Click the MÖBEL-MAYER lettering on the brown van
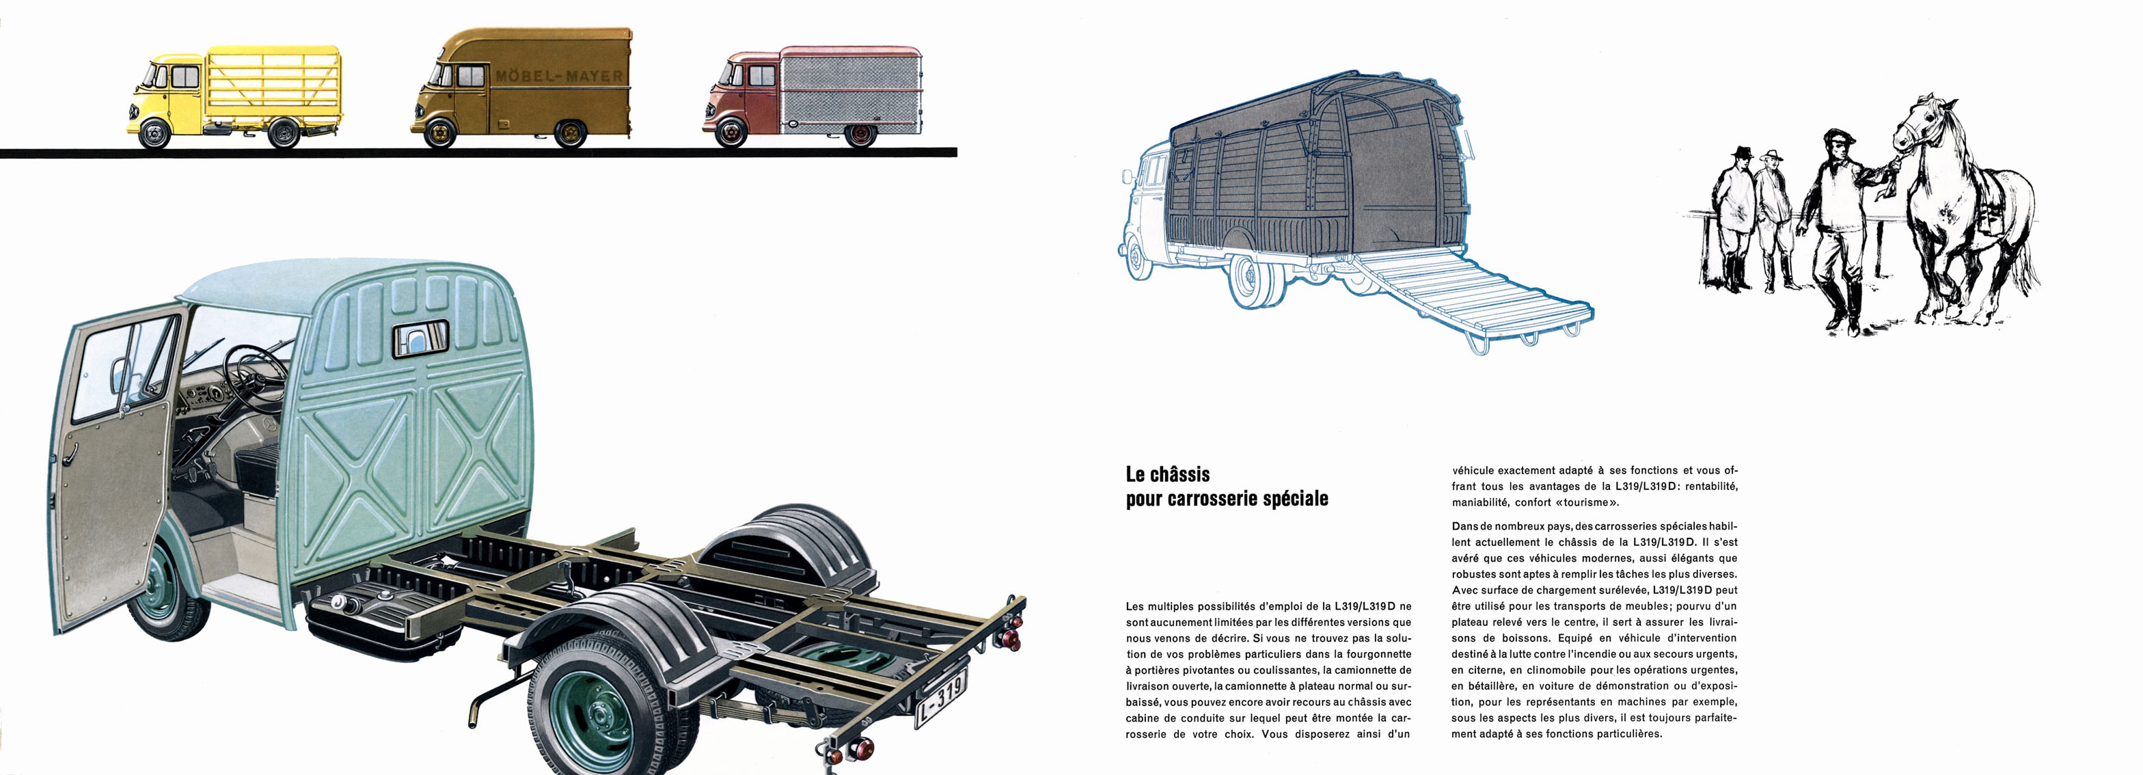(559, 76)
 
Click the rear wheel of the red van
(860, 134)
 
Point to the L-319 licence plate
(941, 698)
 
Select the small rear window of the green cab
(420, 338)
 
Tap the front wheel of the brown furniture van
(439, 133)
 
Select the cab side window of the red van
(762, 76)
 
